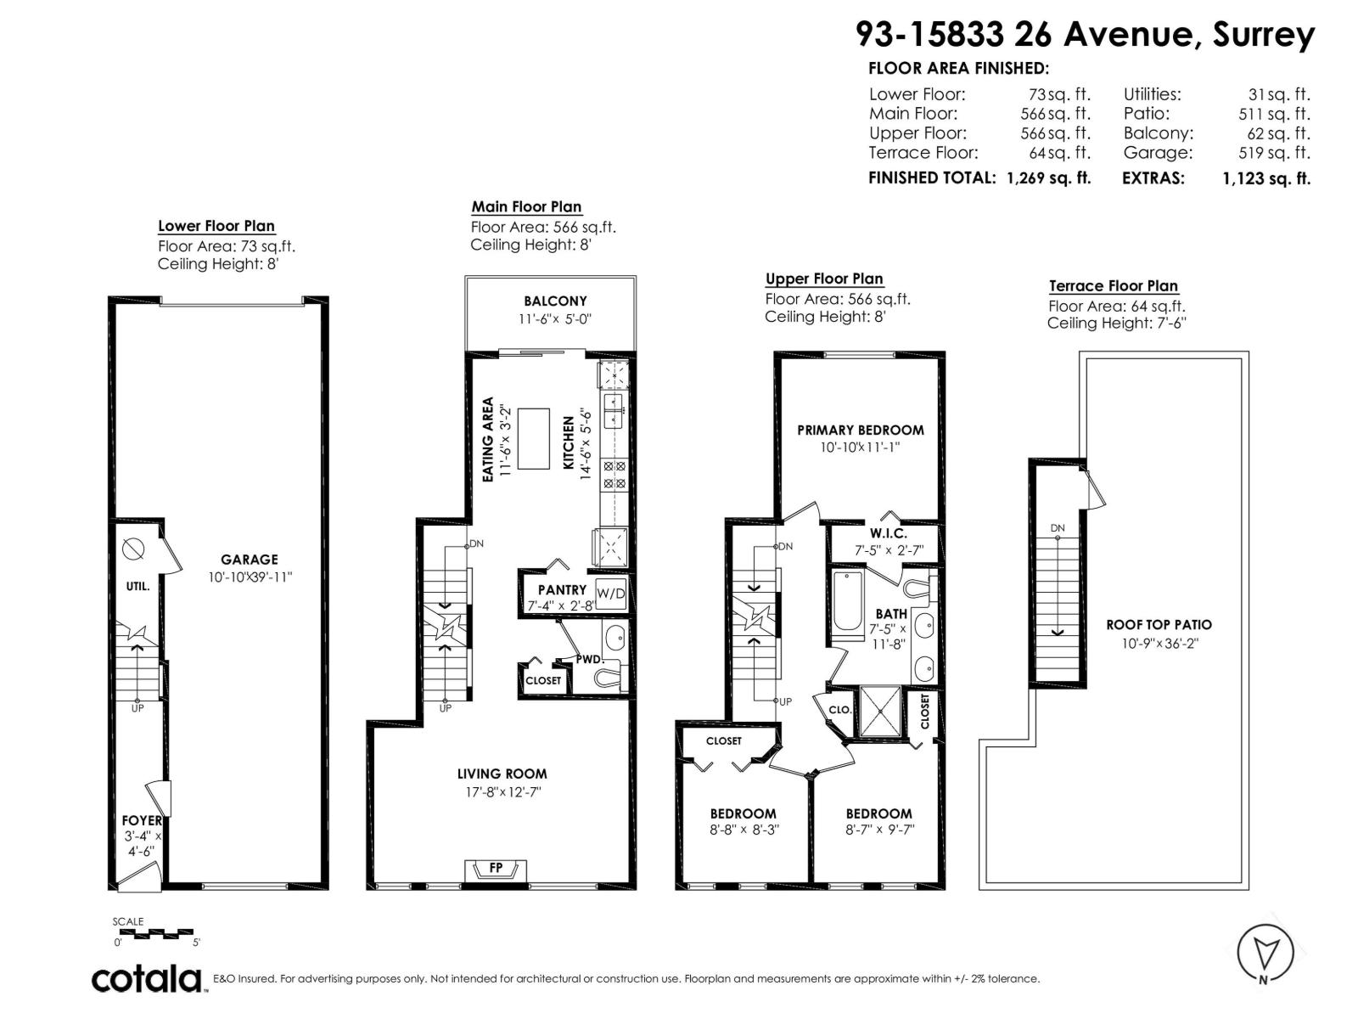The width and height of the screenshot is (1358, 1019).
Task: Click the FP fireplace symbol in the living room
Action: (x=495, y=870)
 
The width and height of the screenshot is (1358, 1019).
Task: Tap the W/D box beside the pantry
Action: (x=610, y=594)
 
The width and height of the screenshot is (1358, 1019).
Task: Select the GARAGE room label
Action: (x=250, y=560)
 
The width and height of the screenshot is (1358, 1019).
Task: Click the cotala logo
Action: (x=147, y=980)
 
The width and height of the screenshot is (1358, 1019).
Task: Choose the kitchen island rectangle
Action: (x=533, y=439)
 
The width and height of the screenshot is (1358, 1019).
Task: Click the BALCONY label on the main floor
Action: (x=555, y=301)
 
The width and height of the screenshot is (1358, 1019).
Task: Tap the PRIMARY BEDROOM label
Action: (x=860, y=430)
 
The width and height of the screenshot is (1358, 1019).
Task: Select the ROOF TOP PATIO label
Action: (x=1159, y=625)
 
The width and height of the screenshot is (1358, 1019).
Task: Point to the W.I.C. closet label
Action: (x=889, y=533)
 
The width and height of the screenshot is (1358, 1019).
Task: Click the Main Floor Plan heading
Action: (x=526, y=206)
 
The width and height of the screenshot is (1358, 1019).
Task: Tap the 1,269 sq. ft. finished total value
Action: (x=1049, y=178)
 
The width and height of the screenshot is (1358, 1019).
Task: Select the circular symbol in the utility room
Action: (x=133, y=549)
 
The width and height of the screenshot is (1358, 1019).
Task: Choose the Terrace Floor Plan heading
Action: (x=1114, y=286)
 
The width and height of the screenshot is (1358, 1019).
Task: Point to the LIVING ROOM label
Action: (x=502, y=774)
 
